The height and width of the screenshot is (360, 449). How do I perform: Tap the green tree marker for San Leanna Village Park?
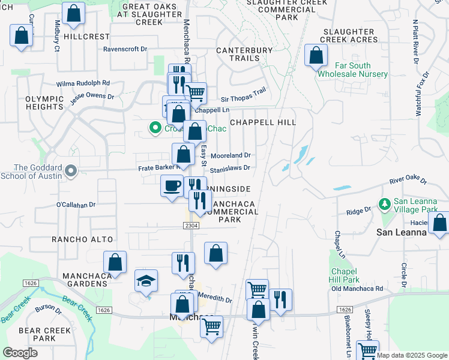[385, 206]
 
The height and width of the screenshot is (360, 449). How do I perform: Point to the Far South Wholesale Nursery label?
[352, 70]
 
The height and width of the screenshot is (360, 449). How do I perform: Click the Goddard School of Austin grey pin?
[71, 172]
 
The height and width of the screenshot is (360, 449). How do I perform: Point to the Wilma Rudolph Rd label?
[83, 83]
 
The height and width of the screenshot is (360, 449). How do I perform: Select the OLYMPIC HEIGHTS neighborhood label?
[44, 103]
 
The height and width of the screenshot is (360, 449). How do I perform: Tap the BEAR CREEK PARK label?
[37, 334]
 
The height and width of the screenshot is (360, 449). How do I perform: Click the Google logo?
[20, 353]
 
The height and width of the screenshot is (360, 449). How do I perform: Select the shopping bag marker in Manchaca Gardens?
[115, 262]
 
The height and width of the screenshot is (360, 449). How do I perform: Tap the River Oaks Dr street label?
[408, 180]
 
